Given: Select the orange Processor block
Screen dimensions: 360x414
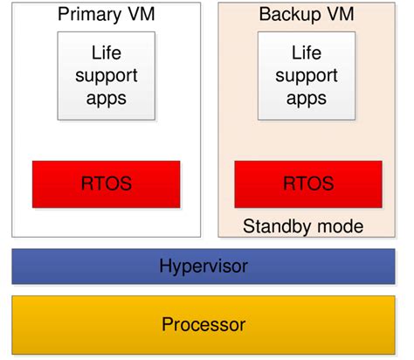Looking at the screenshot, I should [203, 325].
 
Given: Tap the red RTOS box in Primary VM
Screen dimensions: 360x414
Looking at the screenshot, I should [106, 184].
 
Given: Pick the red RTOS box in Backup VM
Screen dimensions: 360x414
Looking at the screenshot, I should [308, 184].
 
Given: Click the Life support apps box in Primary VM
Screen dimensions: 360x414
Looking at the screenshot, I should [106, 76].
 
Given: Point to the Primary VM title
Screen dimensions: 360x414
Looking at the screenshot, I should [106, 15].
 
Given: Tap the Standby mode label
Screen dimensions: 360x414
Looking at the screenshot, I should [303, 227].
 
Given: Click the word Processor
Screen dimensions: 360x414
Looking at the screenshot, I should [203, 325].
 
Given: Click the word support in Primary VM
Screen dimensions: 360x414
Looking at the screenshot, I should [106, 75].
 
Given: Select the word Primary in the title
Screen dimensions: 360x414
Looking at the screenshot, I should [88, 15].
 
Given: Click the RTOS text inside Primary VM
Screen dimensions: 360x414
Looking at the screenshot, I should [106, 184].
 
